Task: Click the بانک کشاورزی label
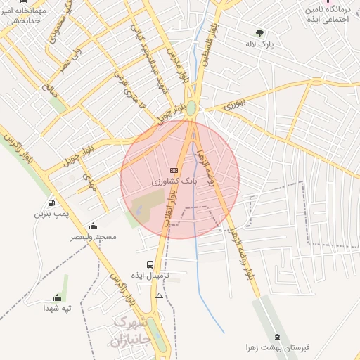click(175, 181)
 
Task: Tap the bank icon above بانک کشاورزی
click(174, 171)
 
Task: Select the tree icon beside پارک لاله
click(259, 32)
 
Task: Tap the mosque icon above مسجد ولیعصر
click(94, 226)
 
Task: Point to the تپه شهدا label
click(58, 308)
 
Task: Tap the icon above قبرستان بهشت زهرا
click(278, 337)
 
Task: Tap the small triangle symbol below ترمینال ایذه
click(160, 296)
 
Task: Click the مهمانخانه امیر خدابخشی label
click(25, 16)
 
